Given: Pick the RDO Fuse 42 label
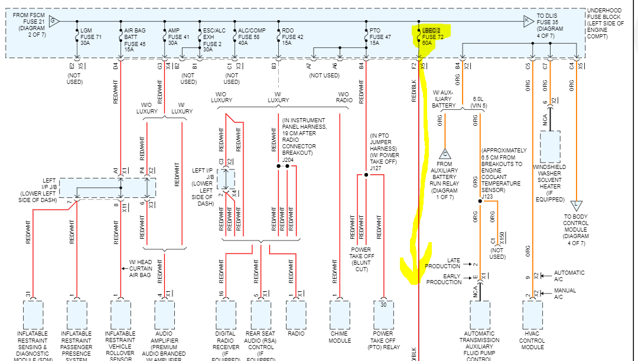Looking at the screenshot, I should tap(292, 37).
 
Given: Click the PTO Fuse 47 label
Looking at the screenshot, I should tap(379, 37).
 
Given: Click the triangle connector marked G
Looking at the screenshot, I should tap(54, 21).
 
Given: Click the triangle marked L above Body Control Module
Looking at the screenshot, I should tap(577, 206).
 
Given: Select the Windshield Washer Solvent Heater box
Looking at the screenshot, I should tap(549, 147).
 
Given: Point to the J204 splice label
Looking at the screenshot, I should tap(288, 159).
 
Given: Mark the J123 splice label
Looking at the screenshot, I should tap(487, 196).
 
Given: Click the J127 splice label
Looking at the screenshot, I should tap(376, 168).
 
